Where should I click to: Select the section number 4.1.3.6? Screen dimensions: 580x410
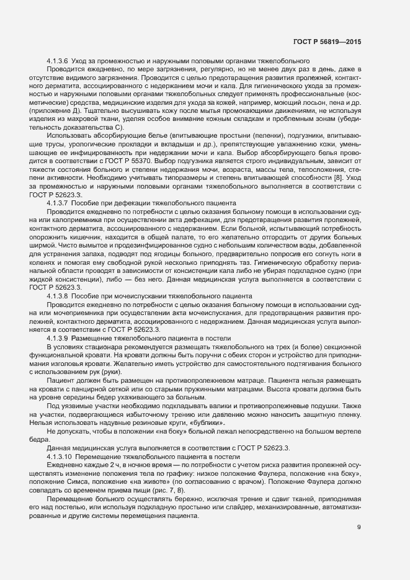pyautogui.click(x=58, y=60)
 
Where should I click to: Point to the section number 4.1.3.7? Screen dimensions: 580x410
pyautogui.click(x=58, y=203)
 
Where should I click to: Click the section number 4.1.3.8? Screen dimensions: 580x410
pyautogui.click(x=58, y=297)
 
